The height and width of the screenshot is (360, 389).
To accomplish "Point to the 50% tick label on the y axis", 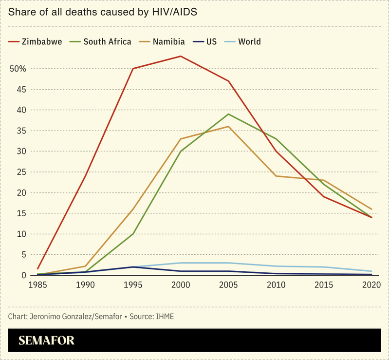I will coord(18,69).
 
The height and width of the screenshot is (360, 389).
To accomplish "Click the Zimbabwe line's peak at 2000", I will coord(181,56).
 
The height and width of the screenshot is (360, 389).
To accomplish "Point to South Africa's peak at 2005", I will coord(228,114).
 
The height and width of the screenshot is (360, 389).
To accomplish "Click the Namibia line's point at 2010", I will coord(276,176).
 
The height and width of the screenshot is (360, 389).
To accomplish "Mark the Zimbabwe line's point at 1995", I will coord(133,69).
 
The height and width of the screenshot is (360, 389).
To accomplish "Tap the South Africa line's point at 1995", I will coord(133,234).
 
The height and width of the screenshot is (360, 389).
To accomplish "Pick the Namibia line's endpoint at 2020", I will coord(371,209).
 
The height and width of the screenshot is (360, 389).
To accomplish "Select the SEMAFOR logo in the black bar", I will coord(47,341).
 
